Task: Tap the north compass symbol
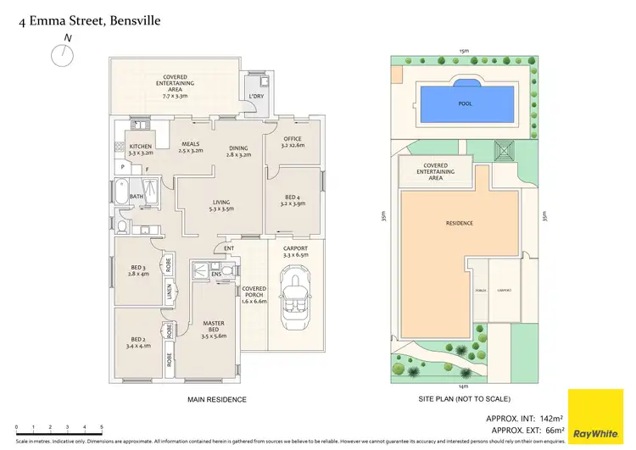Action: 61,55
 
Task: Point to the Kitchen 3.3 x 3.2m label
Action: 141,151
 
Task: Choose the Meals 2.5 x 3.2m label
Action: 191,147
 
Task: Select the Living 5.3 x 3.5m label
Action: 222,205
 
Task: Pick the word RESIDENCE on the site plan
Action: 459,224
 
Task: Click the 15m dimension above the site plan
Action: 463,51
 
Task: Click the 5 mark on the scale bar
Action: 103,428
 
